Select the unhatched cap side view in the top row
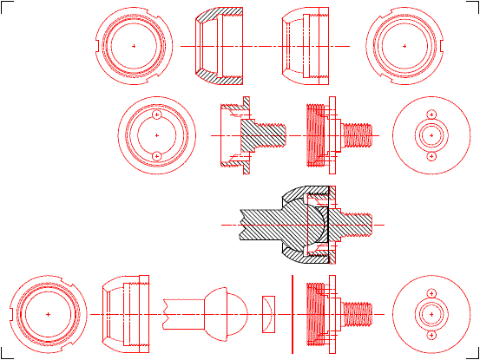point(306,45)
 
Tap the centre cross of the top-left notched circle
point(133,45)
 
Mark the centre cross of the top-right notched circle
point(405,45)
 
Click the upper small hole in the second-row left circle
point(156,115)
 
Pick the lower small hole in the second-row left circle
point(156,155)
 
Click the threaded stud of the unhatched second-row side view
point(358,134)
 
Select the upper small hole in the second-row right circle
point(431,115)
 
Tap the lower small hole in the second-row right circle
point(431,156)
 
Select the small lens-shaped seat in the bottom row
point(268,311)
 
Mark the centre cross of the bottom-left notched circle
point(48,312)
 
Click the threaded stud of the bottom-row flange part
point(358,311)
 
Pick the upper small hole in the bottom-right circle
point(431,291)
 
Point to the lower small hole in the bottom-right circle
point(431,333)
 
